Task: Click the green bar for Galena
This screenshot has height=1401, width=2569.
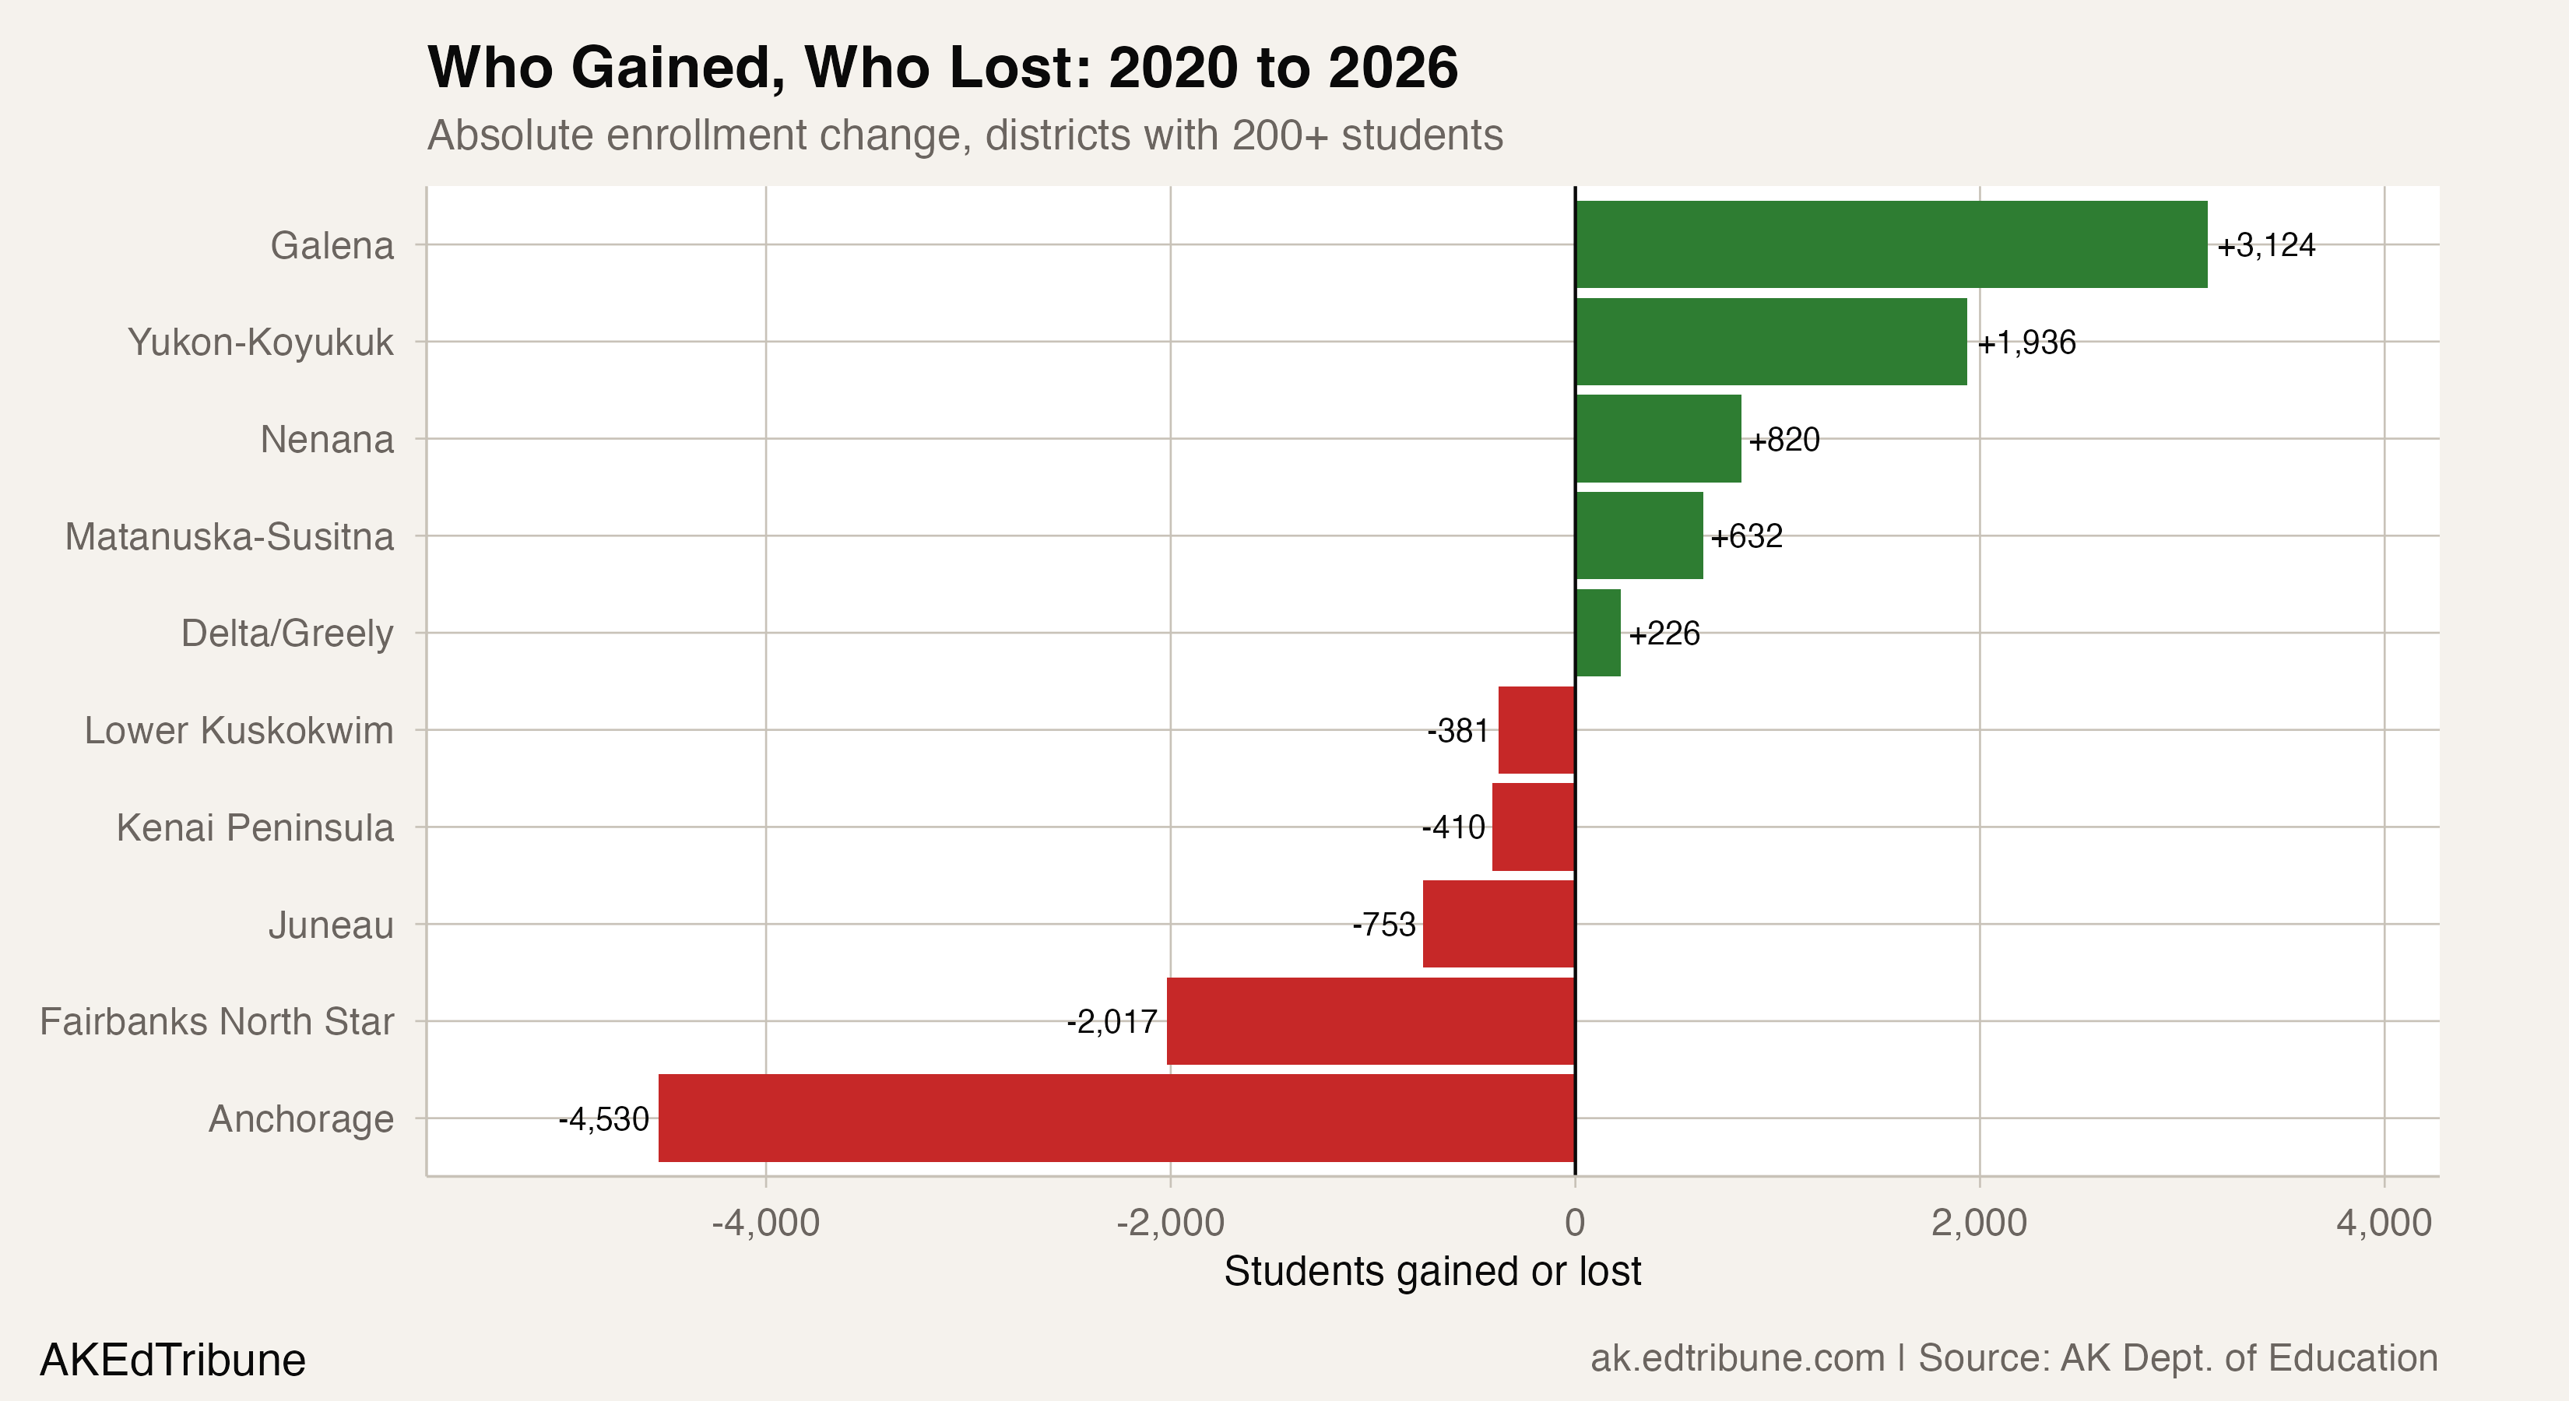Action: (1890, 244)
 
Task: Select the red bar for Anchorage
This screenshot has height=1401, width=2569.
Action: (1116, 1118)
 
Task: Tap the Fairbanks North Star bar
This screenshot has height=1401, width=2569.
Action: (1370, 1021)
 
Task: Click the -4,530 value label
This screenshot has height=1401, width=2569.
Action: (603, 1118)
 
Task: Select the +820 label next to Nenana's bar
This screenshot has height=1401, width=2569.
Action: (1784, 440)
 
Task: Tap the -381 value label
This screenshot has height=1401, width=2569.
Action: (1457, 731)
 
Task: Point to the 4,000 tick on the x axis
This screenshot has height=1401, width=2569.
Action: (2382, 1223)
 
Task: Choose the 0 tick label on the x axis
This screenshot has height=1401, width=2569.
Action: (1575, 1223)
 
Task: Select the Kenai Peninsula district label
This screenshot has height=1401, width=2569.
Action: (255, 827)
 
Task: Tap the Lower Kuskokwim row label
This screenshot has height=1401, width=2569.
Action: (238, 731)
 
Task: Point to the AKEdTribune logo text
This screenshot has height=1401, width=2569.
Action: (173, 1360)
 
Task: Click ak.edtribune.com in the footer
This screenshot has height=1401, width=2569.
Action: (1736, 1358)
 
